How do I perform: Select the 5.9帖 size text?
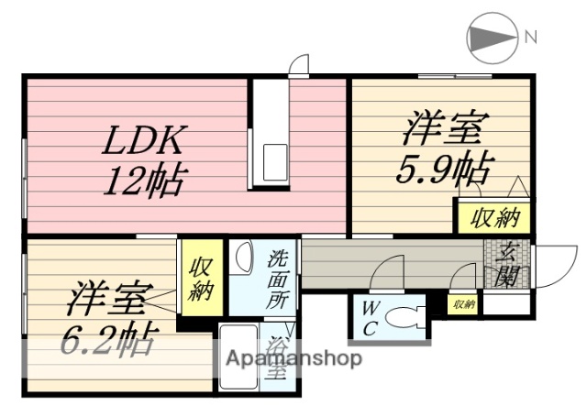(443, 168)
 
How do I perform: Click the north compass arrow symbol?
(489, 37)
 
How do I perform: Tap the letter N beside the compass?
(531, 37)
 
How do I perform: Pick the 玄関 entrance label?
(504, 263)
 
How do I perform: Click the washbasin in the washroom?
(242, 257)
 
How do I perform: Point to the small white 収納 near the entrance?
(463, 303)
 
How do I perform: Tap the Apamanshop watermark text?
(293, 358)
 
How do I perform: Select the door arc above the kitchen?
(299, 65)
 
